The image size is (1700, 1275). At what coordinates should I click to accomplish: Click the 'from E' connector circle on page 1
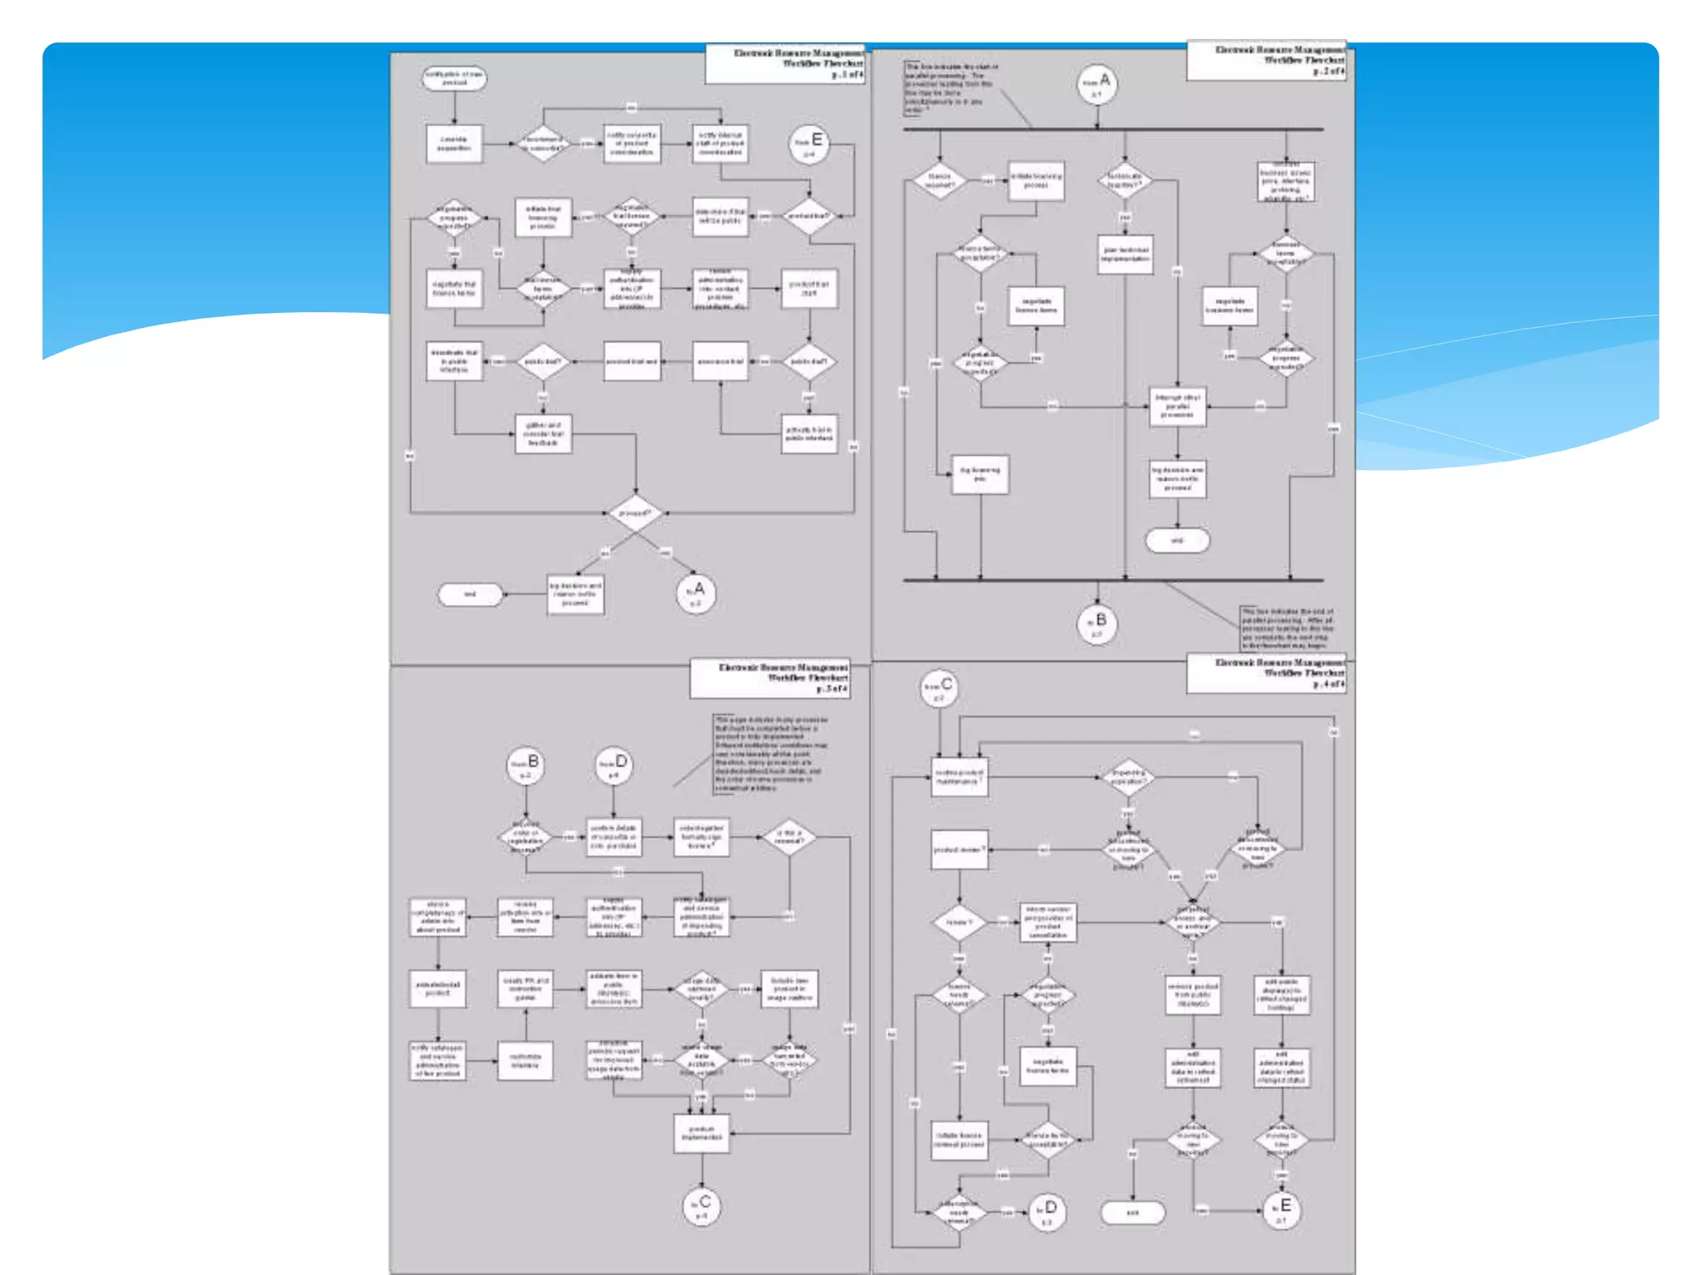809,145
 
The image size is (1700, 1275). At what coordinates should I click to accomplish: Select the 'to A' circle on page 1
696,594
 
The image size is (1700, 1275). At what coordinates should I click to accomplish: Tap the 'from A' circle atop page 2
1097,85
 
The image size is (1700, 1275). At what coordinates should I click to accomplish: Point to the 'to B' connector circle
1097,624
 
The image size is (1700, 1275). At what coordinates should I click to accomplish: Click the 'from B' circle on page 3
525,766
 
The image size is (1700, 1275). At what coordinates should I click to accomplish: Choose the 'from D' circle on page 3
614,766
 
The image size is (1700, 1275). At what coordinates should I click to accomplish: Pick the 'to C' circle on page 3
701,1206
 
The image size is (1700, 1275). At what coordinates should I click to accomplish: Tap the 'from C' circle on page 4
940,689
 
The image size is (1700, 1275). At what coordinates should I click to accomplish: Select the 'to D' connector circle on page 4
1047,1212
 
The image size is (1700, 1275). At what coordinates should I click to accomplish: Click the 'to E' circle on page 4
1282,1210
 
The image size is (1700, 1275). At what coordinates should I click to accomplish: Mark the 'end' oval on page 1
470,594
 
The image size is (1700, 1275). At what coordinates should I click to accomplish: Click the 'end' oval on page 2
1177,541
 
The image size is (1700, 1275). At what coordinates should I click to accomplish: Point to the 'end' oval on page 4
1132,1213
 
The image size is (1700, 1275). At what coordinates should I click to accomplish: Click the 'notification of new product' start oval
454,79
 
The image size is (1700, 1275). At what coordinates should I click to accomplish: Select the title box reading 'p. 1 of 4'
785,64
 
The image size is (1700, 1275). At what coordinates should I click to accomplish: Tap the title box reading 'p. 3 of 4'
770,678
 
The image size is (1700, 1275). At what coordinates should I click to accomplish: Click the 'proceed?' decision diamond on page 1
635,514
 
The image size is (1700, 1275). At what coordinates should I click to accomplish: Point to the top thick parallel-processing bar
1112,129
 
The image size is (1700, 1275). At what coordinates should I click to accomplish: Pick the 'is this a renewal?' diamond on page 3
789,837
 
